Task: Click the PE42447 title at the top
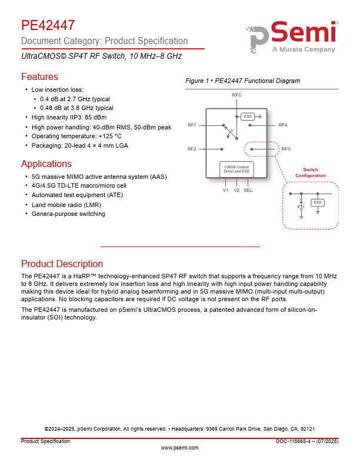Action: point(48,25)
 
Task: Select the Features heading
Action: point(39,76)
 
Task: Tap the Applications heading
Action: point(46,164)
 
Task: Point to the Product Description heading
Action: point(62,264)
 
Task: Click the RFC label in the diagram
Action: point(236,95)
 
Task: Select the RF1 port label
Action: point(192,125)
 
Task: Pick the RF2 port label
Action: point(192,149)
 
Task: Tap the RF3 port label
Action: point(286,149)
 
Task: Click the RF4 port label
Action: point(283,125)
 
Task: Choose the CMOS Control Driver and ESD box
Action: point(236,169)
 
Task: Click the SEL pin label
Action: point(248,190)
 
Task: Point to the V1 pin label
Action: point(225,190)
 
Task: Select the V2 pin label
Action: point(236,190)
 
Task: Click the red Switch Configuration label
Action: point(311,173)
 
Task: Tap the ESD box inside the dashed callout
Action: point(318,202)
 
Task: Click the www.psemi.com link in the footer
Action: point(179,448)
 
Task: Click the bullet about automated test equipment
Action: point(69,195)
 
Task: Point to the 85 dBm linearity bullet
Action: point(69,117)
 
